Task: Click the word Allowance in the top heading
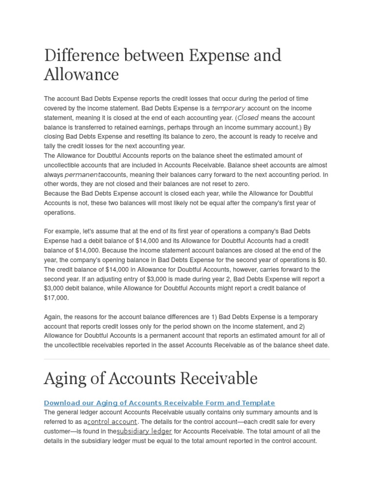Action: tap(81, 75)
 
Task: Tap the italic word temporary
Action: tap(228, 108)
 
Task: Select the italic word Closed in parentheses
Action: tap(247, 118)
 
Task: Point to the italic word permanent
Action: tap(82, 174)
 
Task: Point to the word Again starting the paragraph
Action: tap(53, 317)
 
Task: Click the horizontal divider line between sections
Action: tap(187, 359)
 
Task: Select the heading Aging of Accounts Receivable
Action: tap(150, 378)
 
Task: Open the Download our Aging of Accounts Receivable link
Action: tap(159, 403)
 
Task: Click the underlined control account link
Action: tap(112, 422)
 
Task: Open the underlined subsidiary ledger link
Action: tap(145, 431)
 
